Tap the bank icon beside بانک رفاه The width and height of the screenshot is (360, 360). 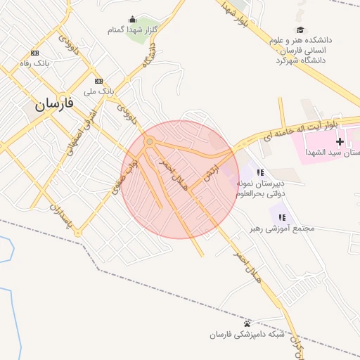(35, 53)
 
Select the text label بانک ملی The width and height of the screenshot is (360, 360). (98, 91)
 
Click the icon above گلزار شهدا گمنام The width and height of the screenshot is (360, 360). (132, 19)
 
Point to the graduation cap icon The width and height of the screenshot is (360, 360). (300, 30)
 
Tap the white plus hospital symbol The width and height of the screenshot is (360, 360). (340, 142)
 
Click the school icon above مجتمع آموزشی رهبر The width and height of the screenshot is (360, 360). (282, 218)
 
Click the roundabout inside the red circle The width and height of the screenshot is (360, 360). (149, 143)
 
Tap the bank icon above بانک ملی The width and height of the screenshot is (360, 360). (98, 81)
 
